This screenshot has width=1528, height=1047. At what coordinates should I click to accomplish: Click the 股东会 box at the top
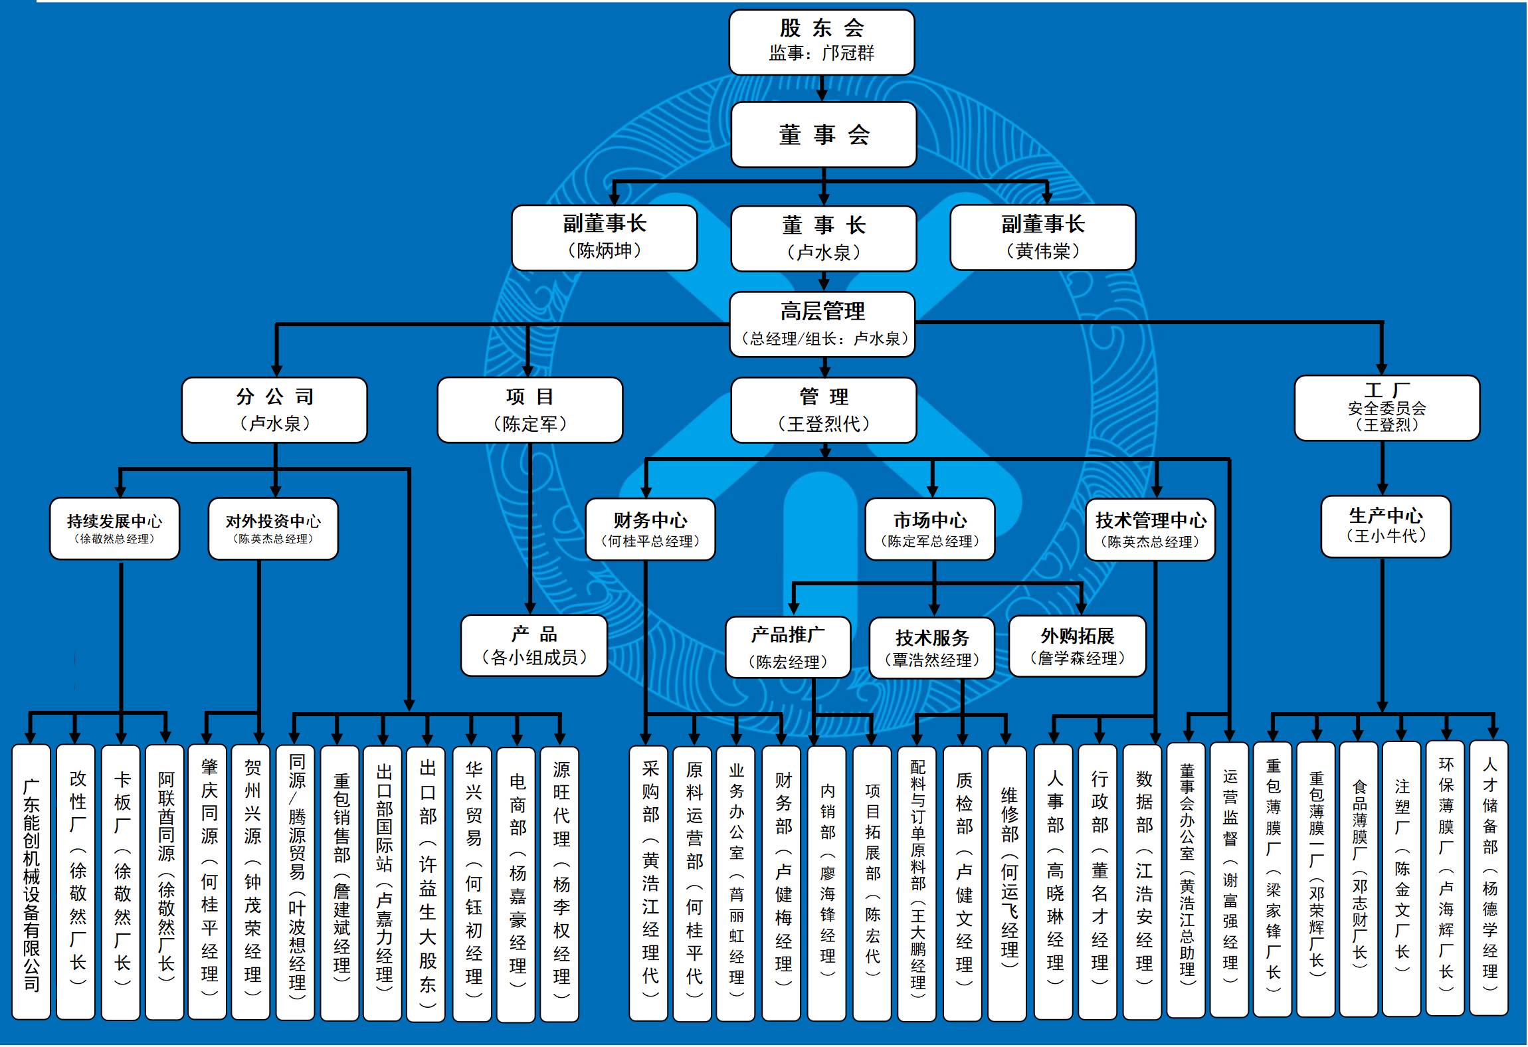[x=821, y=42]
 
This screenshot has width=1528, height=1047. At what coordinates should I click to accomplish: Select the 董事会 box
[x=823, y=134]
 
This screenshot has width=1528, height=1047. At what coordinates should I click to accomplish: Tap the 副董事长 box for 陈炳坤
[x=604, y=237]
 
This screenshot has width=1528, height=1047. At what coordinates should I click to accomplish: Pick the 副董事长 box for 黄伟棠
[x=1042, y=237]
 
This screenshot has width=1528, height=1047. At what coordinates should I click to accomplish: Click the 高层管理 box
[x=822, y=324]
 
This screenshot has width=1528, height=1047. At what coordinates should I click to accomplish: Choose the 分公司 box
[x=274, y=410]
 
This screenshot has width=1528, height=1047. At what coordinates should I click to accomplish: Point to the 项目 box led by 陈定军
[x=529, y=410]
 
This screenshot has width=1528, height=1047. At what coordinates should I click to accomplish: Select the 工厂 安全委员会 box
[x=1386, y=408]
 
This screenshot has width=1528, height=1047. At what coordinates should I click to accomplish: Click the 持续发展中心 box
[x=114, y=529]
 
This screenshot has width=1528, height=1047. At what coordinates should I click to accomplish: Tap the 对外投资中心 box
[x=273, y=529]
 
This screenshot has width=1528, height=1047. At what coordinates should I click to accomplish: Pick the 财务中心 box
[x=650, y=529]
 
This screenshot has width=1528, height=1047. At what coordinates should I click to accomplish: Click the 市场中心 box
[x=929, y=529]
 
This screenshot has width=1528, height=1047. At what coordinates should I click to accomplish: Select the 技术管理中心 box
[x=1150, y=529]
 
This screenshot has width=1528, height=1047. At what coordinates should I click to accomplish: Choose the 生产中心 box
[x=1385, y=526]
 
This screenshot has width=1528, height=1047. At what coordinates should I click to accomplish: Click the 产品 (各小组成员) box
[x=533, y=646]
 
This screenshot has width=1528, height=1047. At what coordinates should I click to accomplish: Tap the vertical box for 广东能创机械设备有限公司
[x=31, y=882]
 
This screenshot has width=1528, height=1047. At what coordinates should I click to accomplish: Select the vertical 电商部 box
[x=518, y=884]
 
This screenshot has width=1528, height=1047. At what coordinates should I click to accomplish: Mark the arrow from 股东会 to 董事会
[x=822, y=88]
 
